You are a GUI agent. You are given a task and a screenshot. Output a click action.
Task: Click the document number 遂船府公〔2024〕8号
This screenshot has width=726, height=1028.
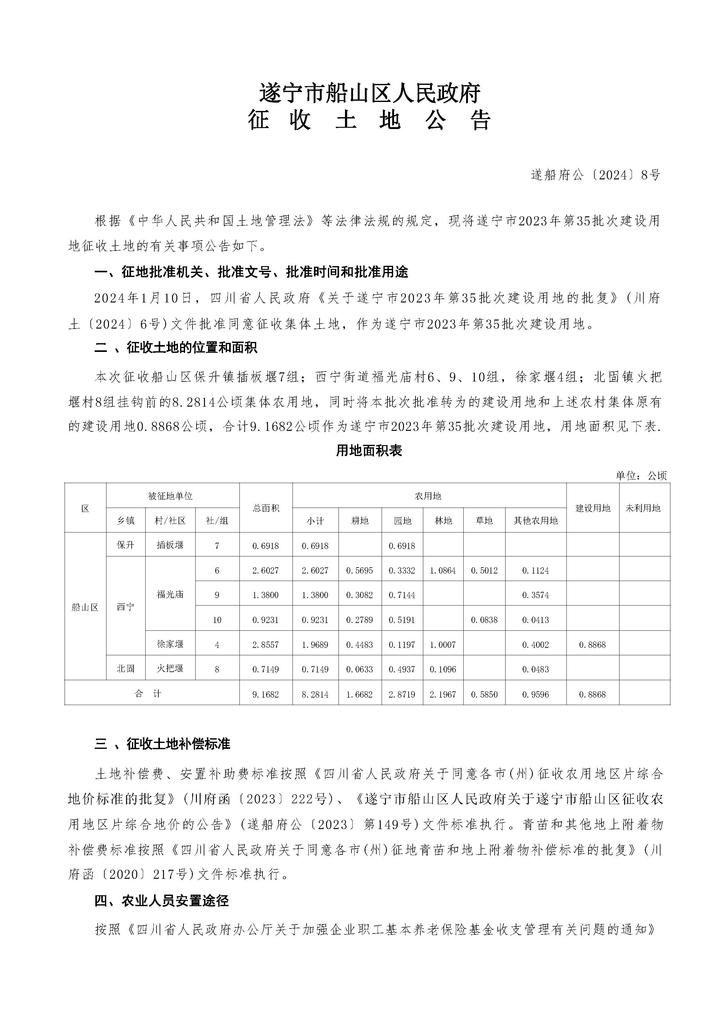tap(595, 175)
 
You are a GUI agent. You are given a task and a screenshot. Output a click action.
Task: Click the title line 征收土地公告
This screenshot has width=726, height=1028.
tap(370, 120)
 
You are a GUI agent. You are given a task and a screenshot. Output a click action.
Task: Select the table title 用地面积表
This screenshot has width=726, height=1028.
tap(369, 451)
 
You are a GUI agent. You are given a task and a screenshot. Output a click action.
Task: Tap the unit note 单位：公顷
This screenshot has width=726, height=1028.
tap(641, 476)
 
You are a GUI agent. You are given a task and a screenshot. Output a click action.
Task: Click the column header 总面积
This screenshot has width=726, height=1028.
tap(266, 508)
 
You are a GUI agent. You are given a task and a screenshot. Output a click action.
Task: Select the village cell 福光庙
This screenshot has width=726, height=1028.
tap(170, 595)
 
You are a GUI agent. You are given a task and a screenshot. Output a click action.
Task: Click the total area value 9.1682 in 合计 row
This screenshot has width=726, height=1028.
tap(266, 694)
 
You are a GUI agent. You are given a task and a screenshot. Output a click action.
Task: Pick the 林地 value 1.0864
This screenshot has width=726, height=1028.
tap(443, 570)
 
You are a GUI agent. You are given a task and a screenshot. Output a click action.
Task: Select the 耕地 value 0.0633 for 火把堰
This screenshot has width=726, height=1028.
tap(360, 669)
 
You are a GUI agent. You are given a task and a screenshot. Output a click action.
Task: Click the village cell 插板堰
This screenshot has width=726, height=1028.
tap(170, 545)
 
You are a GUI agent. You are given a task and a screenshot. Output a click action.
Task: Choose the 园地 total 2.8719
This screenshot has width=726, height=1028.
tap(402, 694)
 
